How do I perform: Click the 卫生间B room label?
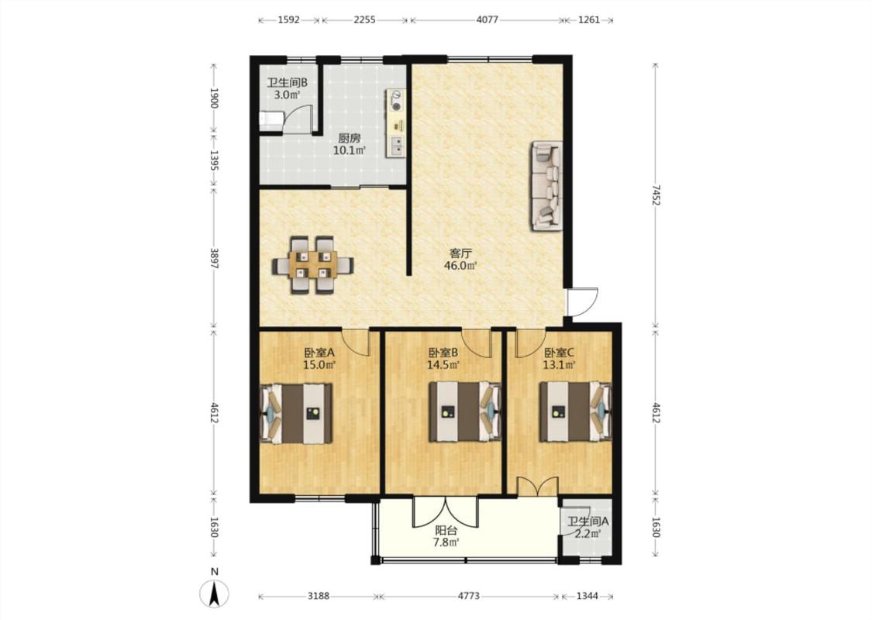[x=288, y=83]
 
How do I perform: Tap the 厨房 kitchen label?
[x=350, y=139]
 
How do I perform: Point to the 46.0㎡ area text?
[x=460, y=266]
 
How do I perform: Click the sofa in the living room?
[x=546, y=186]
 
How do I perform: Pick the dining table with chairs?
[x=312, y=265]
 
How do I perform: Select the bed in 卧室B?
[x=465, y=412]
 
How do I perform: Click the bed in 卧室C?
[x=576, y=412]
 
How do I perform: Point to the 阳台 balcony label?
[x=446, y=530]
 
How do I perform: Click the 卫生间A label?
[x=588, y=522]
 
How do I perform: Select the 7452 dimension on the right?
[x=657, y=195]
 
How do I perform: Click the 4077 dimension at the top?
[x=488, y=20]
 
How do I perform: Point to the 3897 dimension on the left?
[x=215, y=257]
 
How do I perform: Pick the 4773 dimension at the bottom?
[x=469, y=596]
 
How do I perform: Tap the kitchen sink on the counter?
[x=397, y=146]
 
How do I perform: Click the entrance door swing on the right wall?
[x=581, y=302]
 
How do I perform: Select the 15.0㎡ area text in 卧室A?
[x=320, y=365]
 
